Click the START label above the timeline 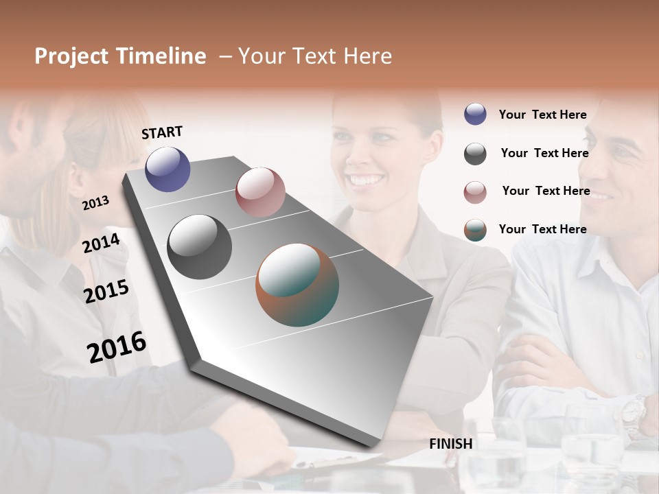coord(162,132)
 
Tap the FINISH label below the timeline coord(451,444)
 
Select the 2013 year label coord(96,203)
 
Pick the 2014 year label coord(102,243)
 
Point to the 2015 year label coord(106,292)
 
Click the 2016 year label coord(117,346)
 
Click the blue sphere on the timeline coord(167,169)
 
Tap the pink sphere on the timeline coord(260,192)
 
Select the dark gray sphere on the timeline coord(200,247)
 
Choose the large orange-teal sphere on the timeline coord(297,285)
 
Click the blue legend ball coord(475,114)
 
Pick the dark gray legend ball coord(475,154)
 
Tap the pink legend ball coord(475,192)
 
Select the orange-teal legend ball coord(475,230)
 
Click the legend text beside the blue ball coord(543,115)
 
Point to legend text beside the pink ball coord(546,191)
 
